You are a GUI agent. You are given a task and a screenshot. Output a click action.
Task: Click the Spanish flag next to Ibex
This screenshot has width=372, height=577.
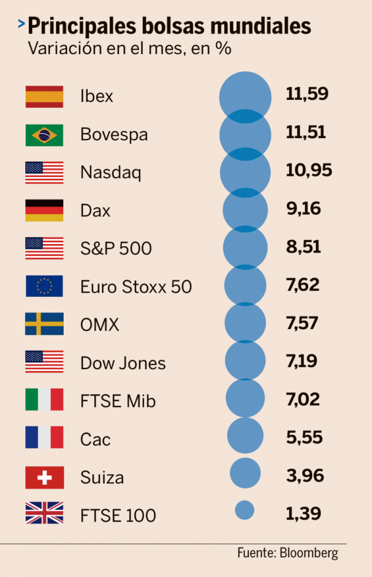tap(44, 96)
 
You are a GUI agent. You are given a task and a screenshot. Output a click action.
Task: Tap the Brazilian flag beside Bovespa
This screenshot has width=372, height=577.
tap(44, 135)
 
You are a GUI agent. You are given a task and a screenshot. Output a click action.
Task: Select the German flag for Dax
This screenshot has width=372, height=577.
tap(44, 210)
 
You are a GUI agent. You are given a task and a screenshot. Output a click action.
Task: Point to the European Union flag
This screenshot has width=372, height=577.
tap(44, 286)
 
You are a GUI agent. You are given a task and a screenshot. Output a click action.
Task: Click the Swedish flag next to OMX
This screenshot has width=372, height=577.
tap(44, 324)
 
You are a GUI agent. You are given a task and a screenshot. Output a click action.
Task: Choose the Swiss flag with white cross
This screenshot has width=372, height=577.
tap(44, 478)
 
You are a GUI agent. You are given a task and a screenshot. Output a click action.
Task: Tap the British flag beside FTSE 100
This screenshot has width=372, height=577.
tap(44, 515)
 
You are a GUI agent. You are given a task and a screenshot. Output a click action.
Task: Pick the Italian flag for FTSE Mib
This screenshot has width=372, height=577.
tap(44, 400)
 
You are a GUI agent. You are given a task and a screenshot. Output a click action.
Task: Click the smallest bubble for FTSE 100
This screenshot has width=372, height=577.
tap(245, 510)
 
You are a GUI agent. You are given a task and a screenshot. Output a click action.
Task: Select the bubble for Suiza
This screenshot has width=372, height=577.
tap(245, 473)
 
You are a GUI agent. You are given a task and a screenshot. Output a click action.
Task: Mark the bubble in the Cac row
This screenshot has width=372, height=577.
tap(245, 435)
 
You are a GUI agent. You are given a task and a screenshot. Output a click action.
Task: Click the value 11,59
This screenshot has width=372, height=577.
tap(307, 94)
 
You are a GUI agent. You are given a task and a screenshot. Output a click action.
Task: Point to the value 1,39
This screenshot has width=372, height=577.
tap(303, 513)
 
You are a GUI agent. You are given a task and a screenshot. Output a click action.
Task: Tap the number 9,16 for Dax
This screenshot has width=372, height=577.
tap(303, 209)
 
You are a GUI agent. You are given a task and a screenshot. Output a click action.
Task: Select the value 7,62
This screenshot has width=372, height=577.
tap(303, 285)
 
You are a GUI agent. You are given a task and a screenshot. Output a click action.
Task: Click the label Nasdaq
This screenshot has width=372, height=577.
tap(110, 172)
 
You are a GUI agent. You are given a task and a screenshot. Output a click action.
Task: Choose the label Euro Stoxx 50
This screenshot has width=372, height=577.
tap(136, 287)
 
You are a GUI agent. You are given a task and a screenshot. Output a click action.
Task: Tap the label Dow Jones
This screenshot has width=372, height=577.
tap(123, 363)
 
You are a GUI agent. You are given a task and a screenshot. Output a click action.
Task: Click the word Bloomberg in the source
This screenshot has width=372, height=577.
tap(309, 553)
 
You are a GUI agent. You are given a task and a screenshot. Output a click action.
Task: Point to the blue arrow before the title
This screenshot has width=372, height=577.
tap(21, 24)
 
